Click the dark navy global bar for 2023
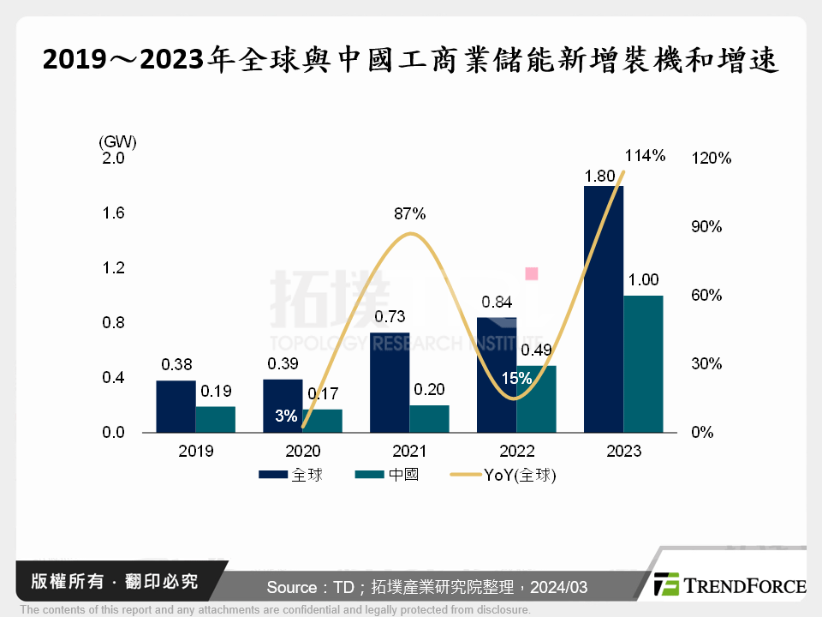point(603,308)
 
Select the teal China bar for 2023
point(643,364)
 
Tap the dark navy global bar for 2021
point(390,382)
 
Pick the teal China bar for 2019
point(216,419)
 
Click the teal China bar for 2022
point(536,399)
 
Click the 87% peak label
point(410,213)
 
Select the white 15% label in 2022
point(510,378)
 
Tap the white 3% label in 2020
point(286,416)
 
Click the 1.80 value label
point(599,176)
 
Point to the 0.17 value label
point(323,395)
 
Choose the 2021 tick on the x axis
point(409,452)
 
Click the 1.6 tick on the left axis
point(113,213)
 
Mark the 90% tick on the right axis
point(706,227)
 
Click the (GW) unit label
point(117,141)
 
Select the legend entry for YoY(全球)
point(509,475)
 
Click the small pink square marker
point(532,273)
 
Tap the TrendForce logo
point(729,585)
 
